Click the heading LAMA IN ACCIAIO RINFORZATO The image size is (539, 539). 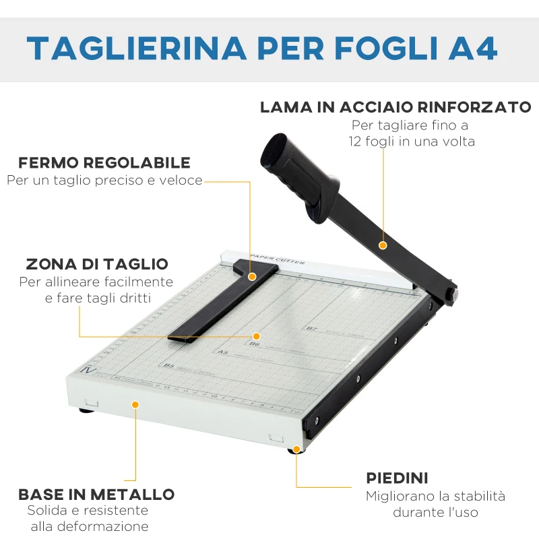(x=395, y=107)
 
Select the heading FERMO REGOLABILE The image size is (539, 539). (x=104, y=163)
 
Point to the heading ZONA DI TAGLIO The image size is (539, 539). (x=97, y=264)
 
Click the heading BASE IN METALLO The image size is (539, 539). (x=96, y=495)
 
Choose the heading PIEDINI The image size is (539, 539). (x=397, y=478)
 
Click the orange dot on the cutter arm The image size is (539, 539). (x=383, y=245)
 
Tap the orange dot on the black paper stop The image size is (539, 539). (x=252, y=276)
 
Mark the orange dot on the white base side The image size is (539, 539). (x=135, y=404)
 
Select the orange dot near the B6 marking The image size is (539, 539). (x=256, y=336)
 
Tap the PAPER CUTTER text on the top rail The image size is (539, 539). (x=277, y=259)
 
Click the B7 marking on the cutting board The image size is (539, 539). (x=311, y=329)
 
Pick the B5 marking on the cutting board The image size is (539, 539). (x=168, y=366)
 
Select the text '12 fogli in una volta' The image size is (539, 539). (x=412, y=141)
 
